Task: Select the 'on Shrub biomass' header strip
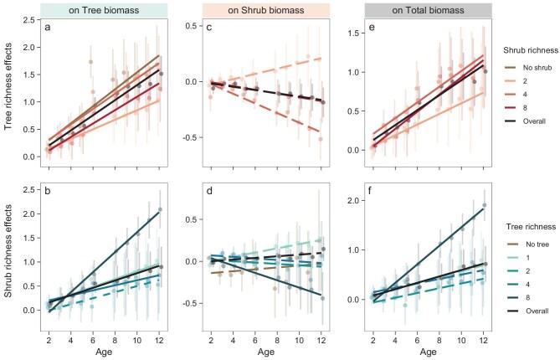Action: [x=266, y=10]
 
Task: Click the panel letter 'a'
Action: [x=48, y=28]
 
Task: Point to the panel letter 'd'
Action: [x=209, y=192]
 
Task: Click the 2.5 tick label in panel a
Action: [x=29, y=20]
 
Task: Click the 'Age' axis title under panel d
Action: [x=266, y=352]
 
